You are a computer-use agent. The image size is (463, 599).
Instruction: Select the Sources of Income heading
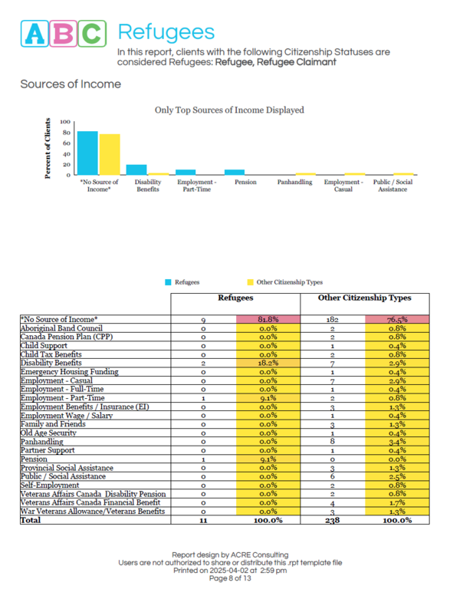point(70,84)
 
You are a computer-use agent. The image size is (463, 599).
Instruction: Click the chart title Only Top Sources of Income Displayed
point(229,110)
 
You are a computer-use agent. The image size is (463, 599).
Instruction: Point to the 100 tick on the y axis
point(65,122)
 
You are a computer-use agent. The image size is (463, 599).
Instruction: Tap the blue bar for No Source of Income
point(87,153)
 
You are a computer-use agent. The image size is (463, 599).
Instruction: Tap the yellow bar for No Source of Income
point(110,155)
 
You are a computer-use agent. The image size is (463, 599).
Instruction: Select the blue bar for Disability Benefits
point(136,169)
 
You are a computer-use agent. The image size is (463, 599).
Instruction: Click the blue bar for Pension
point(235,172)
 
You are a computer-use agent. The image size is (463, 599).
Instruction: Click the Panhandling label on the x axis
point(294,183)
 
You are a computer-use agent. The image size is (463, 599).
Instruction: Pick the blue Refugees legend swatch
point(168,282)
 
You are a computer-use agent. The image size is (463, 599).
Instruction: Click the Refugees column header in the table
point(237,298)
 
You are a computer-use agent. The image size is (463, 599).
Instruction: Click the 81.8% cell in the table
point(268,318)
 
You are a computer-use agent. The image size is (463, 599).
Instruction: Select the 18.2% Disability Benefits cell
point(268,363)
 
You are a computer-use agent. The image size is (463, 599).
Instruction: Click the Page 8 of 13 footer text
point(231,578)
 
